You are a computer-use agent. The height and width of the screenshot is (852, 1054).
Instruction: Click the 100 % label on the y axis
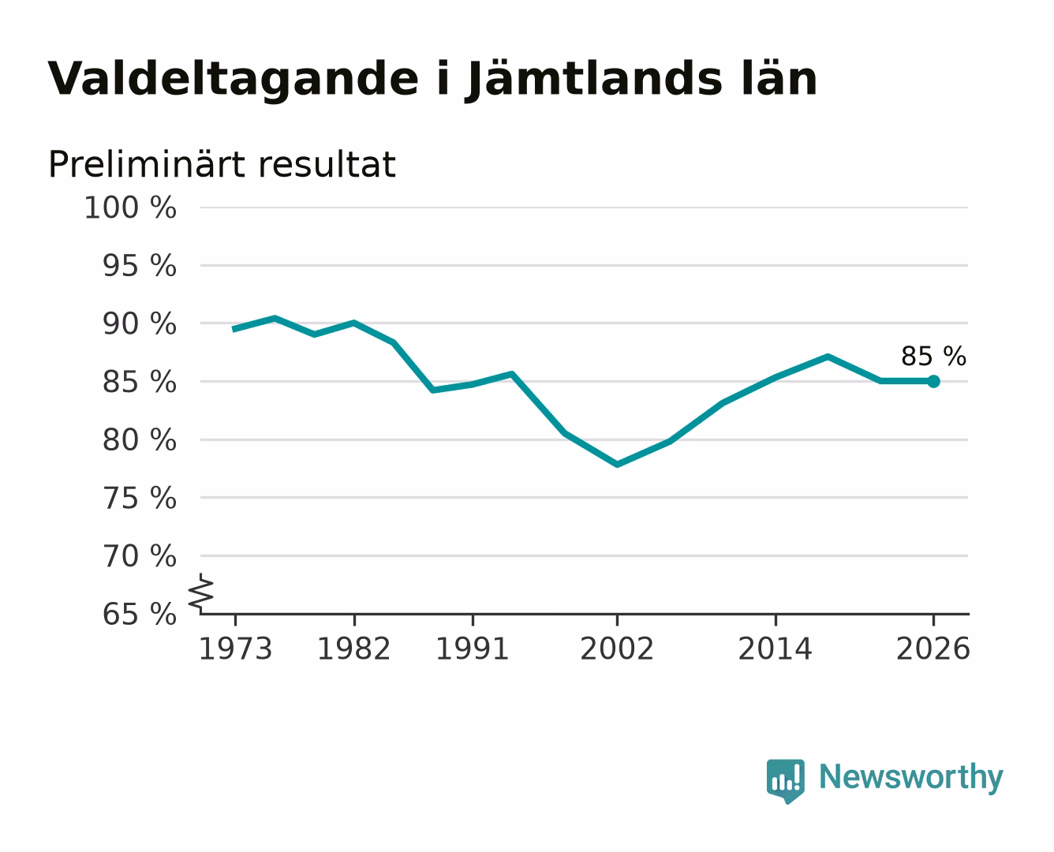pos(130,207)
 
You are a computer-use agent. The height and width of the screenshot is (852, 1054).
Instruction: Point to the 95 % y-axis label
pos(140,266)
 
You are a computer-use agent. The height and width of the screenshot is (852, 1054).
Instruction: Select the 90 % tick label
pos(140,324)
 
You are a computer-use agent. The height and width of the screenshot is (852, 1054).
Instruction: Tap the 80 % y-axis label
pos(140,440)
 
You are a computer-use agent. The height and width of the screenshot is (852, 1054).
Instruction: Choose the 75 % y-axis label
pos(140,498)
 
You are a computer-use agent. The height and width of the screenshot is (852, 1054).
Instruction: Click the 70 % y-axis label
pos(140,556)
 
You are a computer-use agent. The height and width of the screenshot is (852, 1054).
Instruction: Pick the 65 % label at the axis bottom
pos(140,615)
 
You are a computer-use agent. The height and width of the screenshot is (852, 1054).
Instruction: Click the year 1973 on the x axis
pos(236,648)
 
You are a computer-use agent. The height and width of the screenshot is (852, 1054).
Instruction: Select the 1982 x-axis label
pos(353,648)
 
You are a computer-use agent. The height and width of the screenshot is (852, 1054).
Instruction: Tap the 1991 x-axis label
pos(473,648)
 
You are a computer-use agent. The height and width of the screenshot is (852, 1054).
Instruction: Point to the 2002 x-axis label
pos(617,648)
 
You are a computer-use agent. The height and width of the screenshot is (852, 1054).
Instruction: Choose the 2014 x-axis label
pos(776,648)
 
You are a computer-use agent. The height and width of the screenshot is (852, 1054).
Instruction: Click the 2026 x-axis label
pos(933,648)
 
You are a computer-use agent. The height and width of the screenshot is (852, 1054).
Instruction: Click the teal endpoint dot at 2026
pos(933,382)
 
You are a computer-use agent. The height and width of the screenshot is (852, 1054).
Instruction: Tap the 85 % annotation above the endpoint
pos(933,357)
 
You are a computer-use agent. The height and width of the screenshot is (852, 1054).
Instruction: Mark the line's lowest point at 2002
pos(617,465)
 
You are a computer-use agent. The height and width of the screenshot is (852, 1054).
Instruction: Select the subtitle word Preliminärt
pos(148,164)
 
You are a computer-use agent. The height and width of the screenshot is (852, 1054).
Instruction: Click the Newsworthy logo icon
pos(786,781)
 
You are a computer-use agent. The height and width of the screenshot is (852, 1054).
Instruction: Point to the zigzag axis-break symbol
pos(201,594)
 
